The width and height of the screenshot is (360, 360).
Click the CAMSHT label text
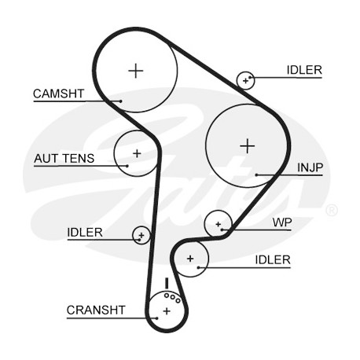[x=58, y=94]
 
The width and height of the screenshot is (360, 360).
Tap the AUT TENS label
[x=64, y=158]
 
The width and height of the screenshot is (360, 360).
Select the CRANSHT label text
[x=96, y=310]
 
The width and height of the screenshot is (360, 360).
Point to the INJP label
[x=310, y=167]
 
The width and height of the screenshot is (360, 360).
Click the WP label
[x=282, y=222]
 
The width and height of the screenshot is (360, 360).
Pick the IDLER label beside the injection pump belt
[x=304, y=70]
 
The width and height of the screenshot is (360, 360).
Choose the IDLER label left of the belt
[x=85, y=233]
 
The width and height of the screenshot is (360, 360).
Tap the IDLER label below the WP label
[x=273, y=260]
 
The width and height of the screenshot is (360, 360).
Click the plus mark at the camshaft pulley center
[x=136, y=71]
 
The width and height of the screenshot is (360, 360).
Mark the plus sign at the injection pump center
[x=248, y=146]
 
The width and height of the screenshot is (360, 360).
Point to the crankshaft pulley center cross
[x=167, y=311]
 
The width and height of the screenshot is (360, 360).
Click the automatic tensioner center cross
[x=137, y=153]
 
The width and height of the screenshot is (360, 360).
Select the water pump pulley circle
[x=218, y=224]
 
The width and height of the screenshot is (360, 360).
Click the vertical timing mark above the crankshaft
[x=166, y=284]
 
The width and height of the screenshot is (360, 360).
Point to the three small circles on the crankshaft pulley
[x=172, y=298]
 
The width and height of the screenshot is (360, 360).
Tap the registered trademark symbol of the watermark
[x=332, y=210]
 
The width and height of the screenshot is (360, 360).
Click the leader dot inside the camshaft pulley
[x=121, y=101]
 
